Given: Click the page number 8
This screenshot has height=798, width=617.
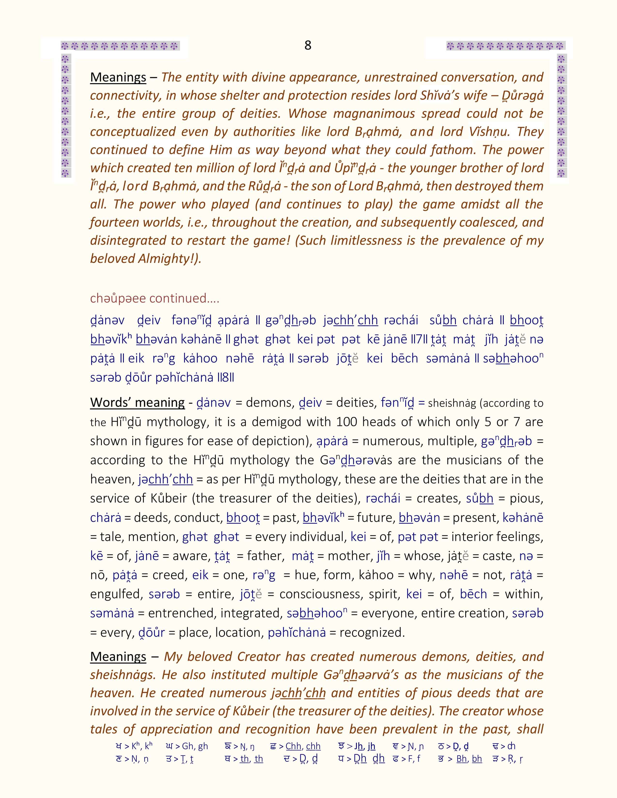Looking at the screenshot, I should pos(308,45).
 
